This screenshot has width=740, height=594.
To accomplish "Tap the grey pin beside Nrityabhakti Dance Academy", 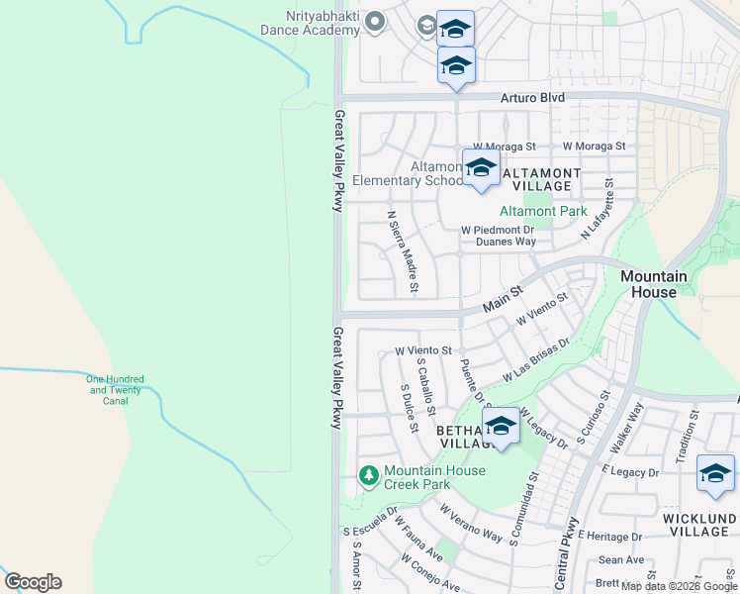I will [375, 22].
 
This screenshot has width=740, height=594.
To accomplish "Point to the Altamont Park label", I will [543, 211].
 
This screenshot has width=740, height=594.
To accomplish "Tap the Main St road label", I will [502, 297].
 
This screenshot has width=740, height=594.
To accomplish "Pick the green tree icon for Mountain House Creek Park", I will [369, 476].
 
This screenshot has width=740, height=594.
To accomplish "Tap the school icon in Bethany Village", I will [501, 426].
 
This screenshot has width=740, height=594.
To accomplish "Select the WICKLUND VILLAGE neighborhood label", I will [697, 525].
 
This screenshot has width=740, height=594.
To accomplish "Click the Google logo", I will [33, 582].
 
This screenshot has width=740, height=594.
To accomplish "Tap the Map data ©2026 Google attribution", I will [679, 586].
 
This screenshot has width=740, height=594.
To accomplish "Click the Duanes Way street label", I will [505, 241].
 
